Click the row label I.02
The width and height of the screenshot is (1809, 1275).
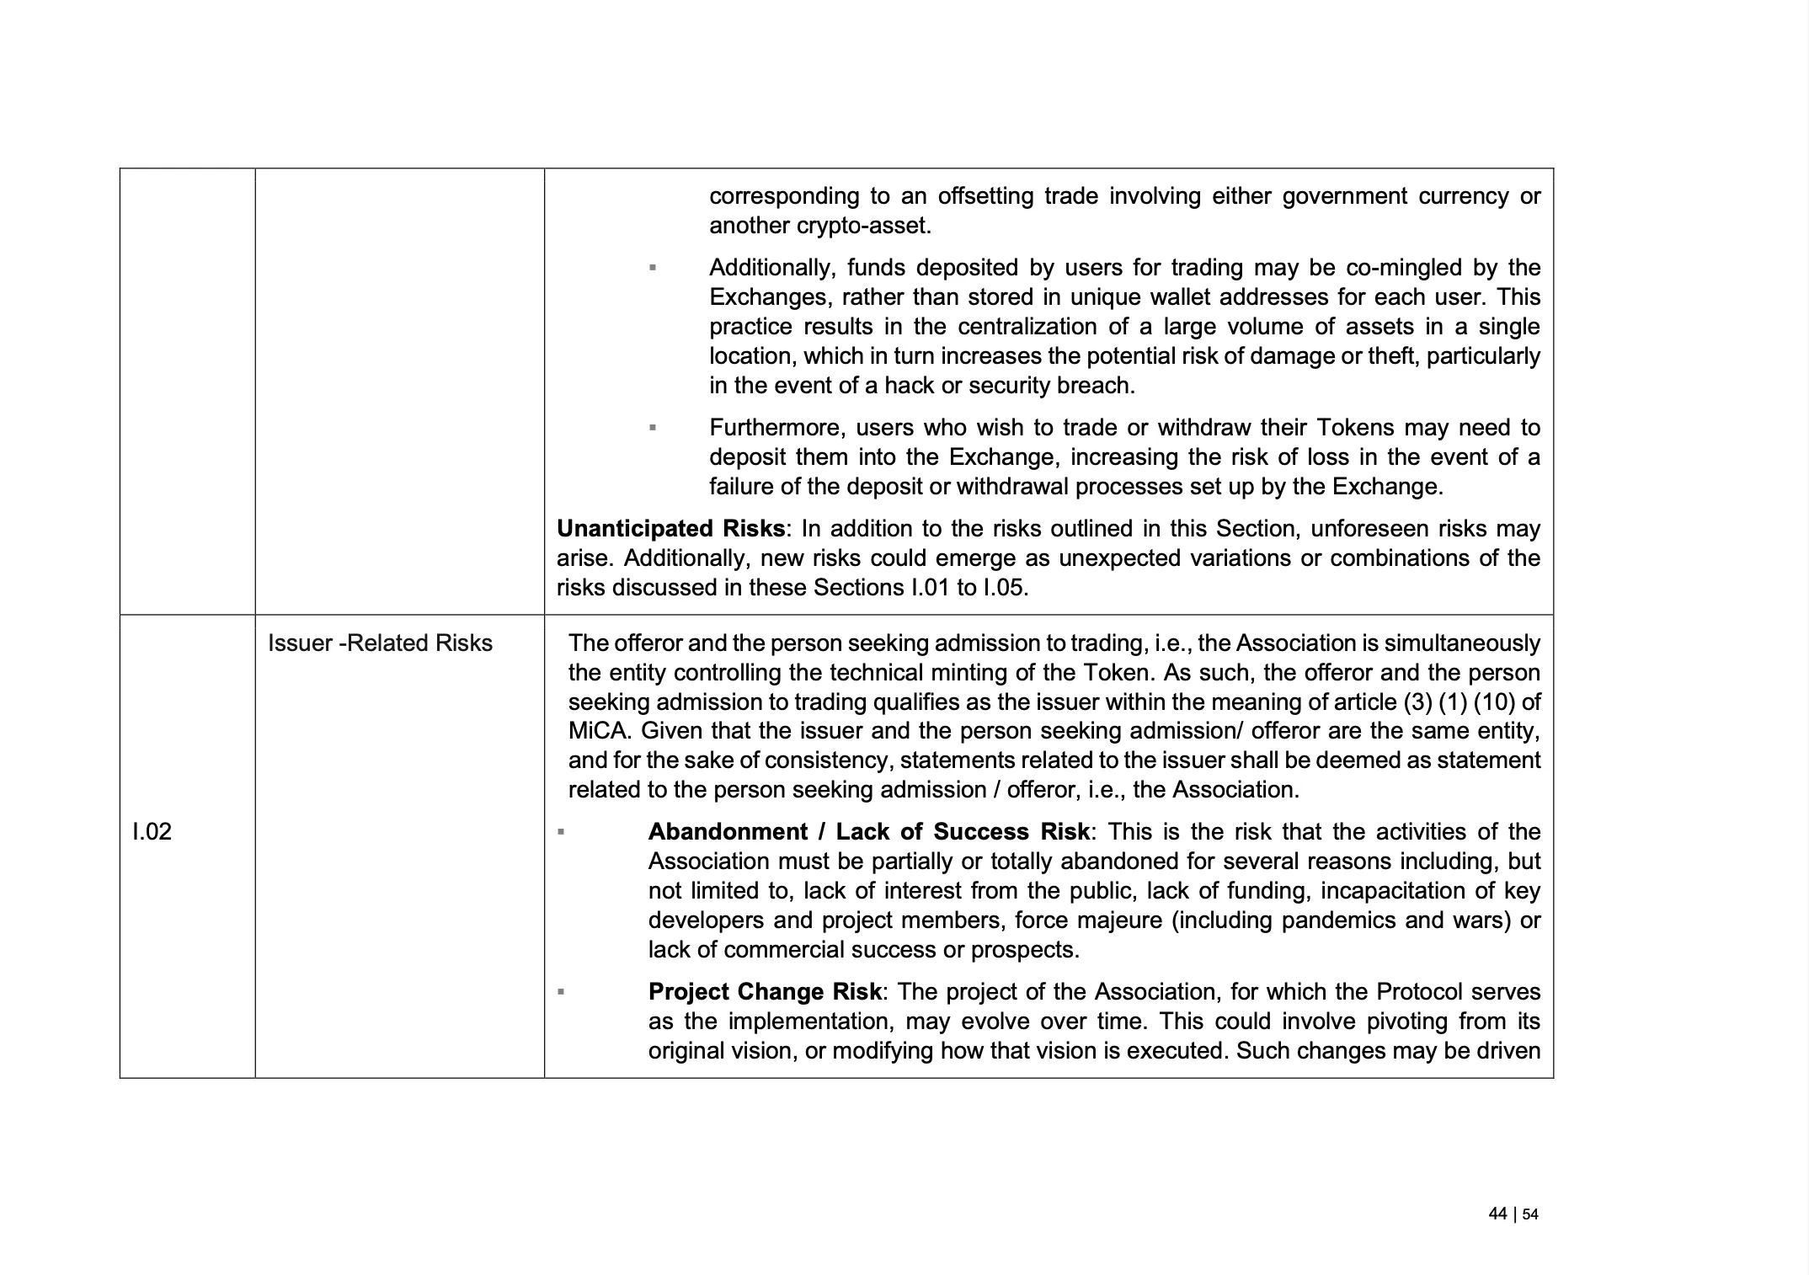point(152,832)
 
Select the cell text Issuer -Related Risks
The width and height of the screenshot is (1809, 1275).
point(380,643)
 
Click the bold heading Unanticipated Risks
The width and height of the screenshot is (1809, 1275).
point(670,529)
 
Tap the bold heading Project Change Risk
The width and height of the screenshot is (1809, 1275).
point(765,992)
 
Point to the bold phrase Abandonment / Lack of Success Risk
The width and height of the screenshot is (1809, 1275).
point(868,832)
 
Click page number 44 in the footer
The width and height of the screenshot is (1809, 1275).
point(1497,1214)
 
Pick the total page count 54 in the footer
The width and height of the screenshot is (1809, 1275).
point(1530,1214)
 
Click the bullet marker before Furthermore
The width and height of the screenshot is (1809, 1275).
point(653,428)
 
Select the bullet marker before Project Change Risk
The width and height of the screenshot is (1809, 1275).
point(561,992)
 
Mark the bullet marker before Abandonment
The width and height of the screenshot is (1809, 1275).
point(561,832)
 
